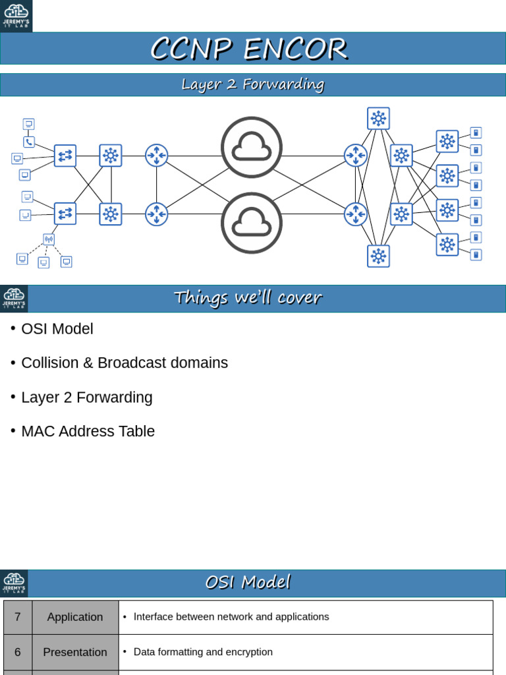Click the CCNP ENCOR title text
click(x=248, y=49)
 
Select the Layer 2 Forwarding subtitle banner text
click(x=253, y=84)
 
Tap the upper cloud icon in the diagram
click(x=252, y=147)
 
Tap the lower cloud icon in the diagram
click(x=252, y=223)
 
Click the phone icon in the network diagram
click(x=28, y=142)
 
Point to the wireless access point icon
click(x=49, y=239)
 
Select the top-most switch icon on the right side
click(x=378, y=119)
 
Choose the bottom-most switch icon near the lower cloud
click(x=378, y=256)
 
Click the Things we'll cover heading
click(x=248, y=298)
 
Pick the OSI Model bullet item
click(x=57, y=329)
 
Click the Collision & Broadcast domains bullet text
click(x=125, y=363)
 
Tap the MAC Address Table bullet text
click(x=88, y=432)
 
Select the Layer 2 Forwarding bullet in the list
click(x=86, y=397)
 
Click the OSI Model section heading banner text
click(x=248, y=583)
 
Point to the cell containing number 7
click(x=18, y=617)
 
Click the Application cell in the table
click(x=75, y=617)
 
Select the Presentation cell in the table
click(x=75, y=652)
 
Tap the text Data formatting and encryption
click(x=203, y=652)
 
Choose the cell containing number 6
click(x=18, y=652)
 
